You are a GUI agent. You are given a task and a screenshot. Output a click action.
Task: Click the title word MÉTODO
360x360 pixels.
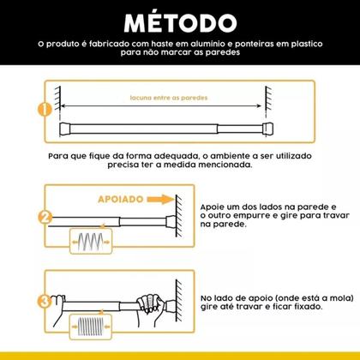click(x=179, y=21)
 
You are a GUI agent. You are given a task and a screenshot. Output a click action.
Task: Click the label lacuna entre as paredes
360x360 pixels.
click(x=162, y=99)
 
